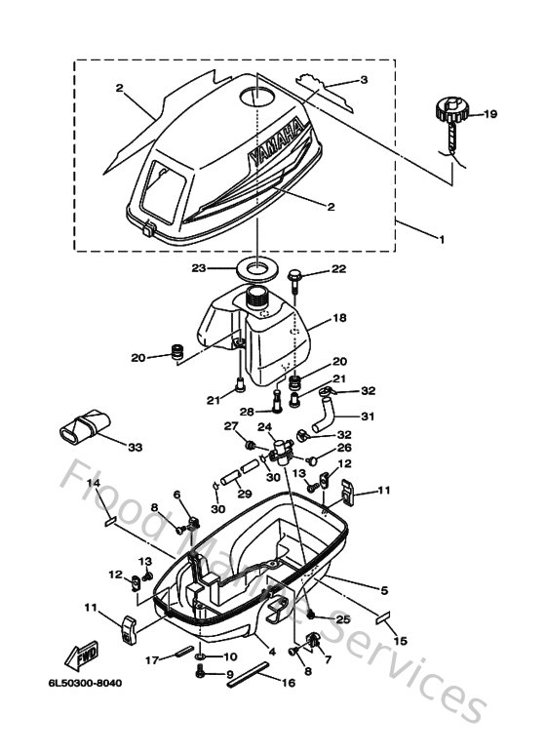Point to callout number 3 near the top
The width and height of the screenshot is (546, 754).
[x=364, y=79]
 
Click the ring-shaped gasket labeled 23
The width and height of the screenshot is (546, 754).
[x=258, y=267]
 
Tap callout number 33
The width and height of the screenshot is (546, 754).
[x=134, y=448]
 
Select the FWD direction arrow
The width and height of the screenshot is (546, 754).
[x=75, y=652]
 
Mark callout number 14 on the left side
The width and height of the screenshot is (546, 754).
[x=94, y=483]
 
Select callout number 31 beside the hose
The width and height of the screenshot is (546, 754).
[x=368, y=417]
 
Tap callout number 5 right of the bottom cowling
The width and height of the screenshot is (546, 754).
[x=383, y=589]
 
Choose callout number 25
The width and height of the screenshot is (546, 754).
[x=342, y=618]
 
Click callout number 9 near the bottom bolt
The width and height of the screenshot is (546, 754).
[x=231, y=674]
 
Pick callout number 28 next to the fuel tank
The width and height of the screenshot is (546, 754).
[x=249, y=412]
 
